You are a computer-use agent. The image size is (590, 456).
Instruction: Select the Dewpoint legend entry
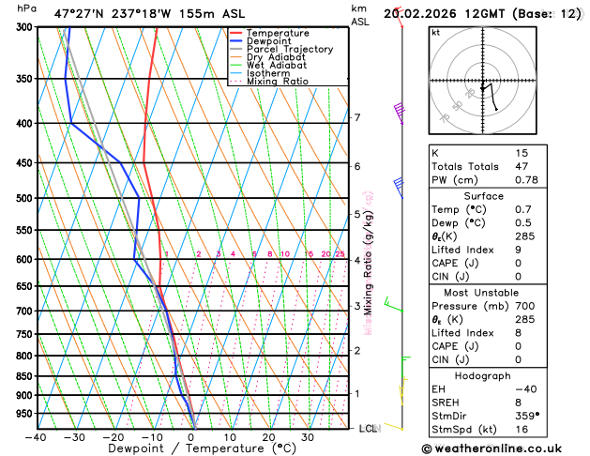271,41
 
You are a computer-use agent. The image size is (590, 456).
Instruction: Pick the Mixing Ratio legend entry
278,82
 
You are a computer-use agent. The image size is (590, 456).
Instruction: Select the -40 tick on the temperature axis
36,437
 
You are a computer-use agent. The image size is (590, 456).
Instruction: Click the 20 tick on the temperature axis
268,437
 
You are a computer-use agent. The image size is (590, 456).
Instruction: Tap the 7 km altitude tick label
356,117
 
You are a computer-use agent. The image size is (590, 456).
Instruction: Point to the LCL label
369,428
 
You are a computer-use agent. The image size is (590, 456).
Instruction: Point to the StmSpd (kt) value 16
522,431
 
